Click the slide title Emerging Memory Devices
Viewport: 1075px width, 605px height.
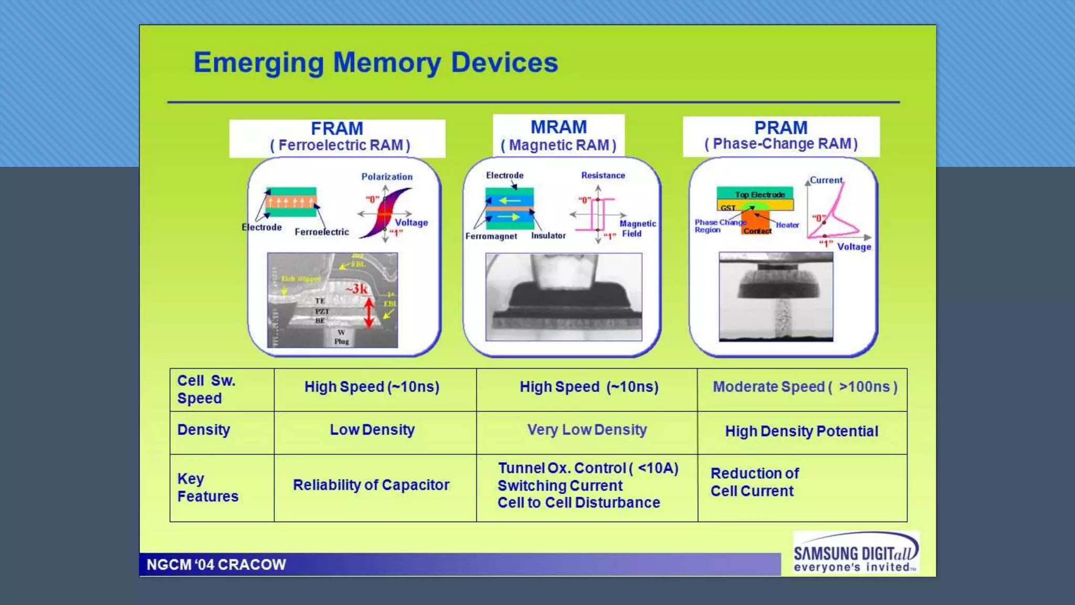pos(375,62)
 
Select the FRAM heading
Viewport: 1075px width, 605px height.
pos(337,129)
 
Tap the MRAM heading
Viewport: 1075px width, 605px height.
pos(558,127)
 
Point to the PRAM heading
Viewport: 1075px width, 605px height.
pos(781,128)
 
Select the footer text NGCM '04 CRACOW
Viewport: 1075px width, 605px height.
pos(216,565)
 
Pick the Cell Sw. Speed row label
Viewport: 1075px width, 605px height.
pos(206,389)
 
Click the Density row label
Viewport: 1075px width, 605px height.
pos(204,430)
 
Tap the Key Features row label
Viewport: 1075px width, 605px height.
pos(207,487)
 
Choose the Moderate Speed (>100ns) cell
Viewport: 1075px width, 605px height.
pos(805,387)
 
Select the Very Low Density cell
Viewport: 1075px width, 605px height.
pos(587,430)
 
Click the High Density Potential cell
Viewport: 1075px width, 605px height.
pos(801,431)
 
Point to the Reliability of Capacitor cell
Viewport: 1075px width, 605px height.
pos(371,485)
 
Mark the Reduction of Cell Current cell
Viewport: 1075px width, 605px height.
pos(754,482)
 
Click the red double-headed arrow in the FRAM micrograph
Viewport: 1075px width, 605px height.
pos(369,313)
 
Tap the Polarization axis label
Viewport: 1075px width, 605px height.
pos(387,176)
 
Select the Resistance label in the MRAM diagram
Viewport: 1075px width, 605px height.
pos(603,175)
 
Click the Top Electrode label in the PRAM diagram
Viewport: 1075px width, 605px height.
pos(760,194)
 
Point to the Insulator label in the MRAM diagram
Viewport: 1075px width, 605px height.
pos(548,236)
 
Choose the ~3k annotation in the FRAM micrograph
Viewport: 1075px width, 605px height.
pos(356,289)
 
